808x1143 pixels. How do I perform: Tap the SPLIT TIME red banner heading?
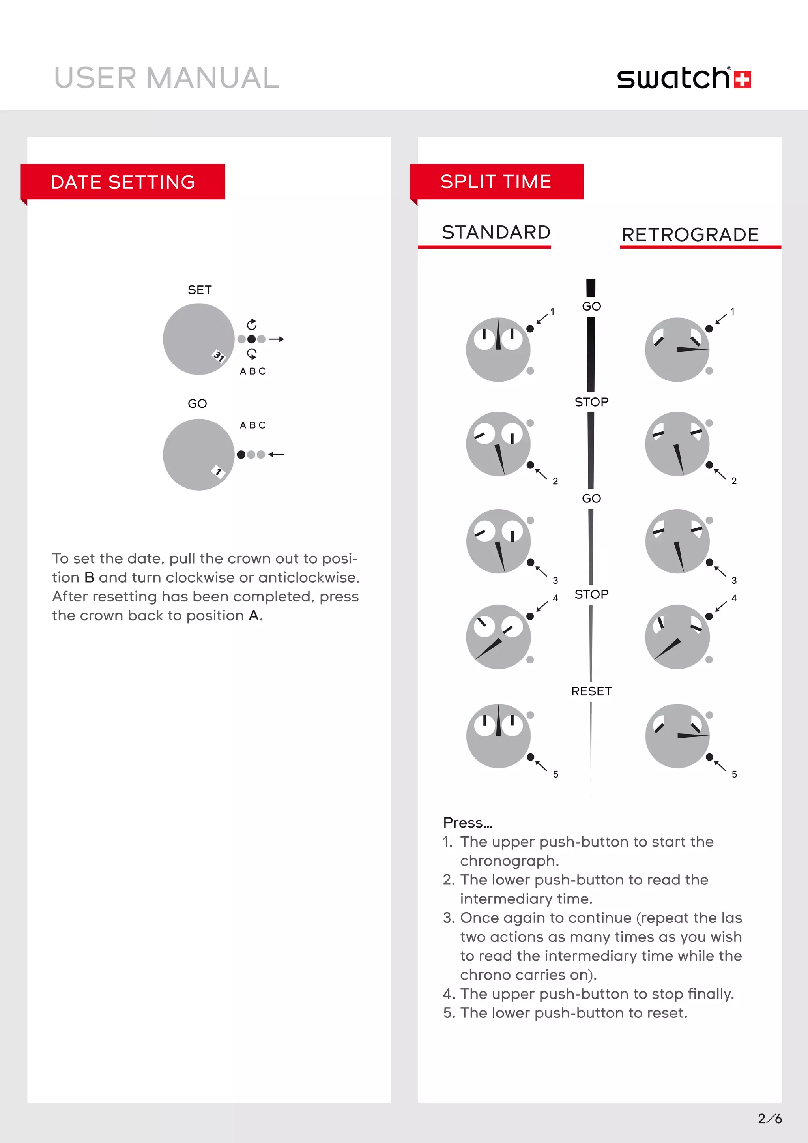(496, 182)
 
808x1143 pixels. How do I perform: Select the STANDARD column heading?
(496, 232)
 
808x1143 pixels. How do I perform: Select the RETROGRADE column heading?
(690, 235)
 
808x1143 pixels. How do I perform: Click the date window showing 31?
(219, 356)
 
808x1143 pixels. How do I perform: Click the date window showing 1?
(218, 471)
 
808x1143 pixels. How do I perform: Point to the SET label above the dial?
(200, 290)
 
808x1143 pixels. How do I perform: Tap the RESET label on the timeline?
(591, 691)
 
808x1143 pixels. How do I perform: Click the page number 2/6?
(769, 1119)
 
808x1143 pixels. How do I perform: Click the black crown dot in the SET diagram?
(252, 339)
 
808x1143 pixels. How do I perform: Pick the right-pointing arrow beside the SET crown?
(276, 339)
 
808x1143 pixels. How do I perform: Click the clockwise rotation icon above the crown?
(252, 324)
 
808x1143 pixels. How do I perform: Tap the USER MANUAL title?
(166, 78)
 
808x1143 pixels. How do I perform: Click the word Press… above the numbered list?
(467, 823)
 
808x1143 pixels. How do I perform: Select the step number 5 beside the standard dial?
(555, 774)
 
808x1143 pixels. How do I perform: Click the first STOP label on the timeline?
(591, 402)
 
